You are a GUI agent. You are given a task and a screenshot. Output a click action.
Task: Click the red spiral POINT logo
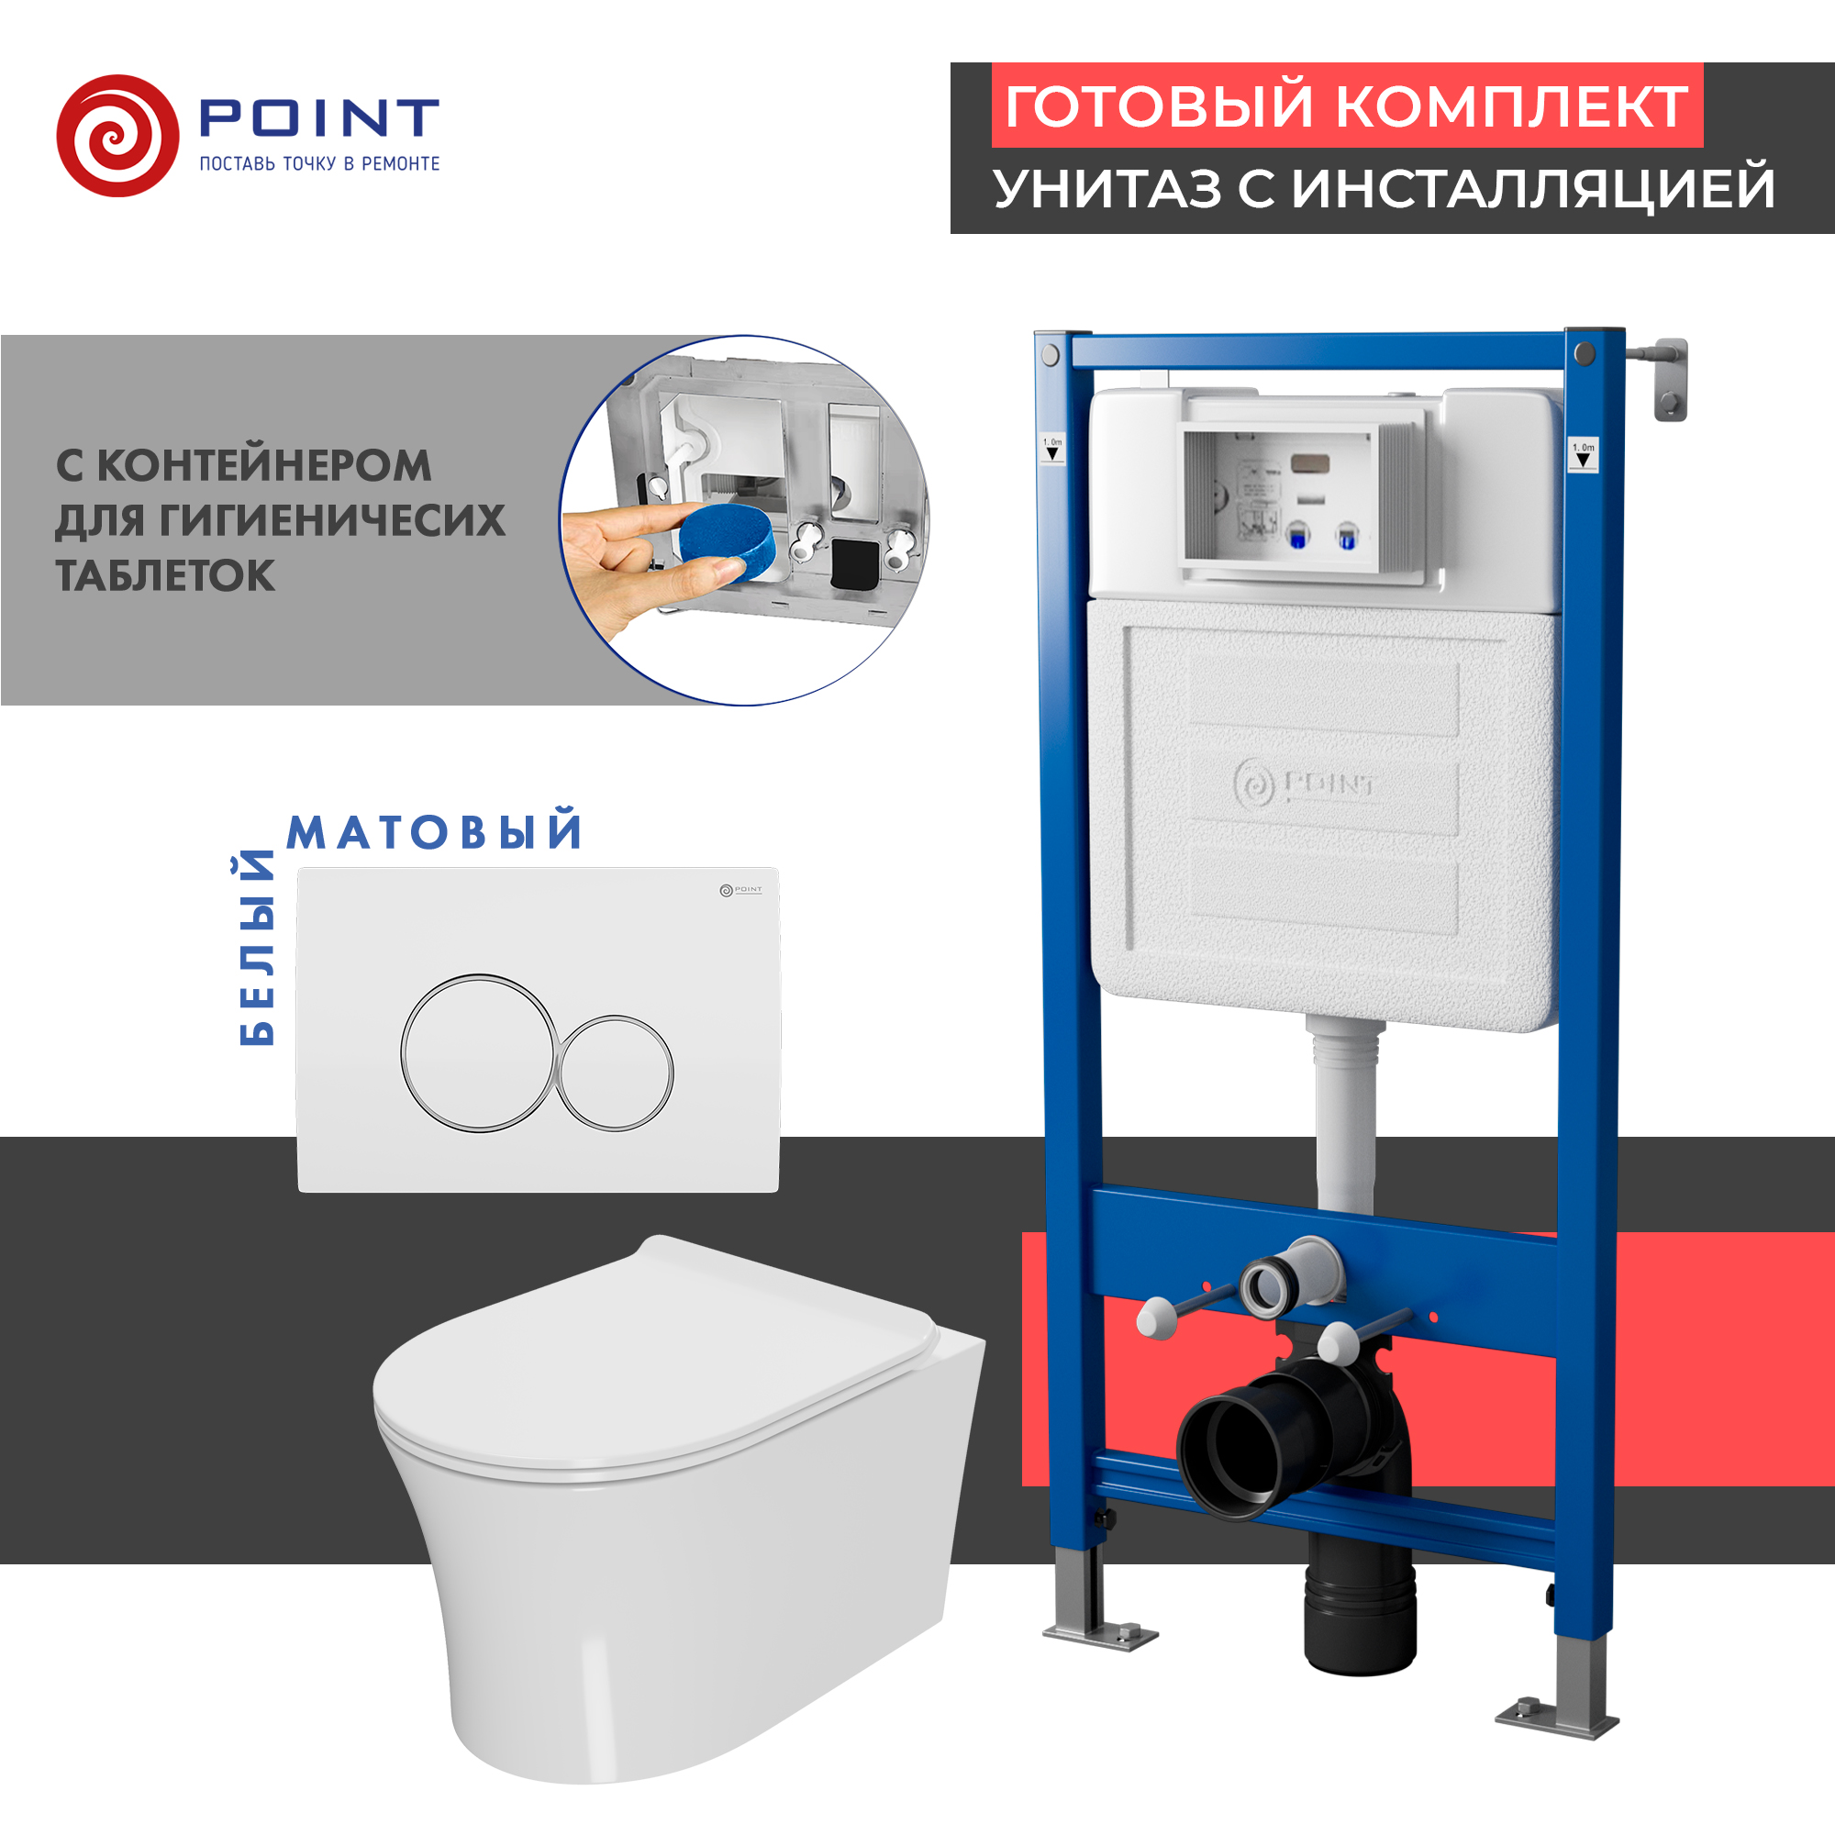point(117,136)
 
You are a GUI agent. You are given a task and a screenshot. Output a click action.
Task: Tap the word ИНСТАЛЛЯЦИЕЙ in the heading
point(1533,188)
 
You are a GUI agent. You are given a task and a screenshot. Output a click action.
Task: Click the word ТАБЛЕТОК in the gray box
point(165,575)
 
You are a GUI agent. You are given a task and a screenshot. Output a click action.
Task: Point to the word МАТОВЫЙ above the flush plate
point(435,832)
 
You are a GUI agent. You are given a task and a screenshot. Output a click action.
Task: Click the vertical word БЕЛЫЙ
point(257,949)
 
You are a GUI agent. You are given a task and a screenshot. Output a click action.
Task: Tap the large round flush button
point(478,1052)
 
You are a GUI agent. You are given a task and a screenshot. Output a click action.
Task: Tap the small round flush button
point(615,1073)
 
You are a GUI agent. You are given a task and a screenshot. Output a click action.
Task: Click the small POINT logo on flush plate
point(740,890)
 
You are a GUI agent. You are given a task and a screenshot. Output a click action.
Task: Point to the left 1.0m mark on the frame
point(1052,448)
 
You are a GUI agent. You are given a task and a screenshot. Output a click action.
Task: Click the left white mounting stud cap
point(1157,1320)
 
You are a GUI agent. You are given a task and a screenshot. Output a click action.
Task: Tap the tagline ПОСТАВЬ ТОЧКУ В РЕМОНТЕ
point(319,164)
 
